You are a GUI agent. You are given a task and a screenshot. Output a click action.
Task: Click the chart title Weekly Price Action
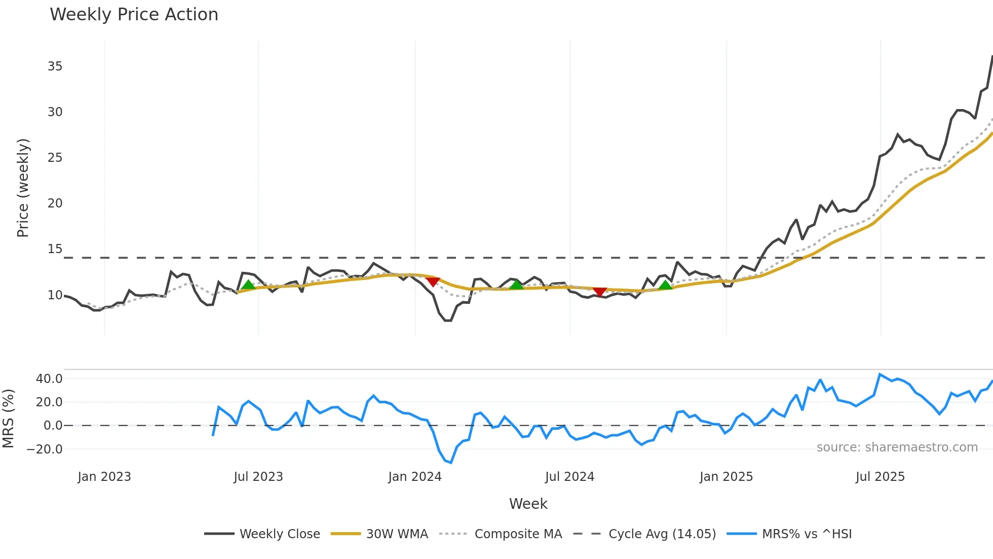tap(134, 15)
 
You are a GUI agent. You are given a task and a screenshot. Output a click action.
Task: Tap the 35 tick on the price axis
tap(55, 66)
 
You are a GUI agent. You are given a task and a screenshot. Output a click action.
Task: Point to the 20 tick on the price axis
tap(55, 203)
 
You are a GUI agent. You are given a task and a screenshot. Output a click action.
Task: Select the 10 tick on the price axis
tap(55, 295)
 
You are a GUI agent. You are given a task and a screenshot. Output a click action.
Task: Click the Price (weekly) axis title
tap(23, 188)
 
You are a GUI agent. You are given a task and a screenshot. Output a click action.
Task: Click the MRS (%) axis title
tap(9, 418)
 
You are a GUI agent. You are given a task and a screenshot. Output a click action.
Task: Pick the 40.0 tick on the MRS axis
tap(49, 379)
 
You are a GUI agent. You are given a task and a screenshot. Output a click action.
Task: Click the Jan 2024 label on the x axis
tap(415, 477)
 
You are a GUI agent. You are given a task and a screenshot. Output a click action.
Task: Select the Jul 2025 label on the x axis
tap(880, 477)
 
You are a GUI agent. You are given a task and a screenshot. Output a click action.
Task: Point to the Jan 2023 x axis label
tap(104, 477)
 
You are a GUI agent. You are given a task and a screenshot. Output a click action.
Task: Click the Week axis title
tap(528, 504)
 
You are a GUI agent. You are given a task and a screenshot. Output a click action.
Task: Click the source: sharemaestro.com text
tap(897, 447)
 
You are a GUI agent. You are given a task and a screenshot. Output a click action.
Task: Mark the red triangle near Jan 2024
tap(433, 282)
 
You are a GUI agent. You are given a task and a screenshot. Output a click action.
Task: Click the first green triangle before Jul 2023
tap(248, 285)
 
